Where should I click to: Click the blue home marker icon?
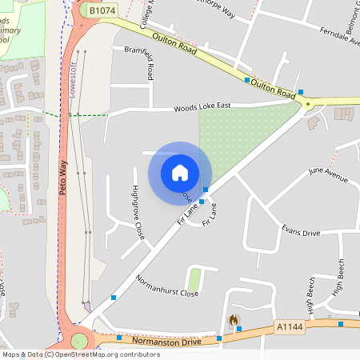[180, 172]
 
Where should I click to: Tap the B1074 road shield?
[102, 11]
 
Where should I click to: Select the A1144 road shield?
[289, 326]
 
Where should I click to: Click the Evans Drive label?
[301, 232]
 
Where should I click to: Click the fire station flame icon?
[233, 320]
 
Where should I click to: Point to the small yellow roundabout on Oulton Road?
[307, 103]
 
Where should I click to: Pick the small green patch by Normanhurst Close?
[194, 279]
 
